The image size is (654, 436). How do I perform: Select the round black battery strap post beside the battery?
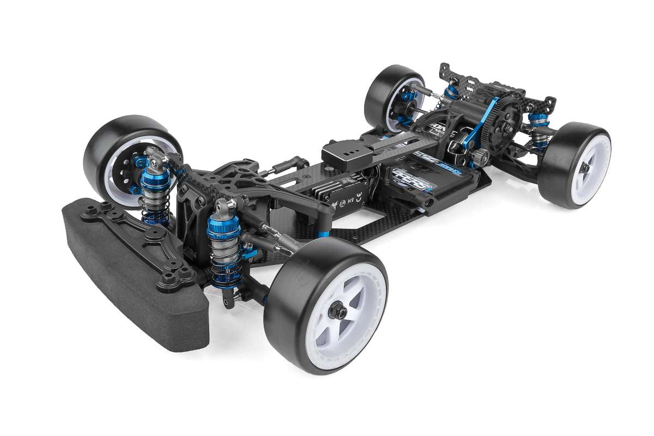click(428, 202)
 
